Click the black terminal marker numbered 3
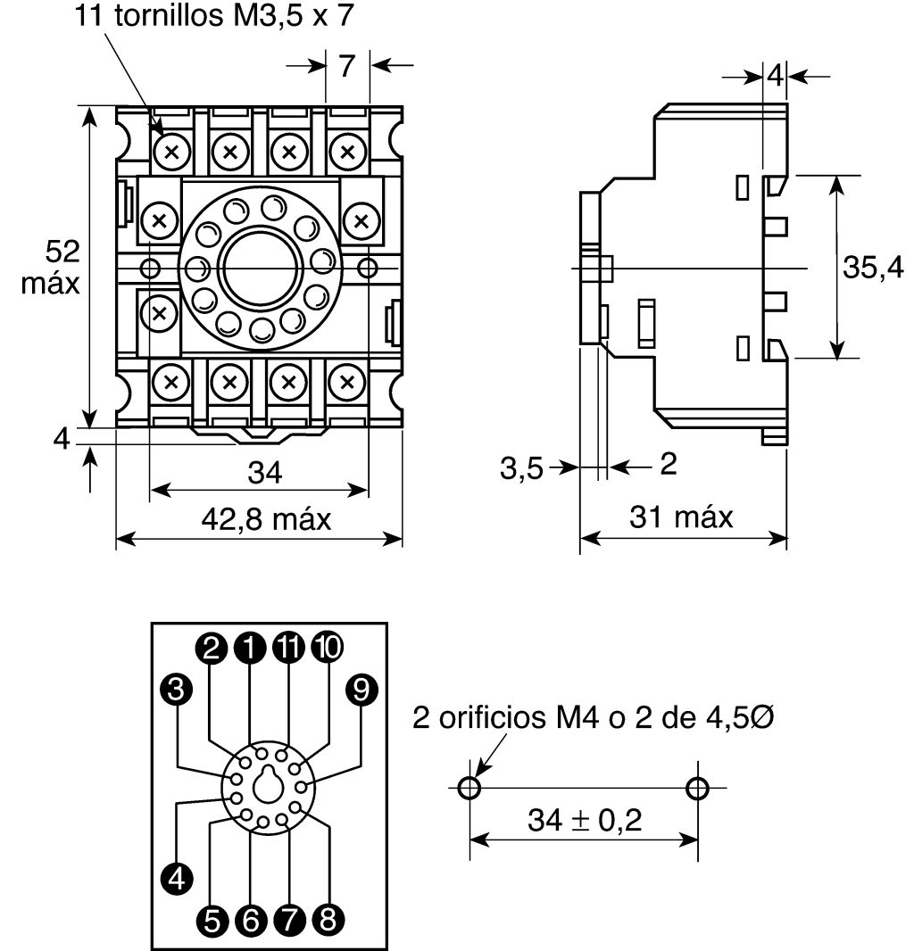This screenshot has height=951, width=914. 177,690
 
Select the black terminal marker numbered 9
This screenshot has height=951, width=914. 361,690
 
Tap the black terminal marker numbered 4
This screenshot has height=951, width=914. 178,878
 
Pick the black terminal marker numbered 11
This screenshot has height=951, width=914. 289,647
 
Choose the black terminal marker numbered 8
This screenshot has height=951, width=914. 328,920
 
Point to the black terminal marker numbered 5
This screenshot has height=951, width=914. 212,921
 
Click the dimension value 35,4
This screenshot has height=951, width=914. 873,267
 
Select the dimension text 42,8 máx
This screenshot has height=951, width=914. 266,519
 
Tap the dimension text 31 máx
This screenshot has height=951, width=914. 682,517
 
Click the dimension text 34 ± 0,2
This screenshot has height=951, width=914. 585,820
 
